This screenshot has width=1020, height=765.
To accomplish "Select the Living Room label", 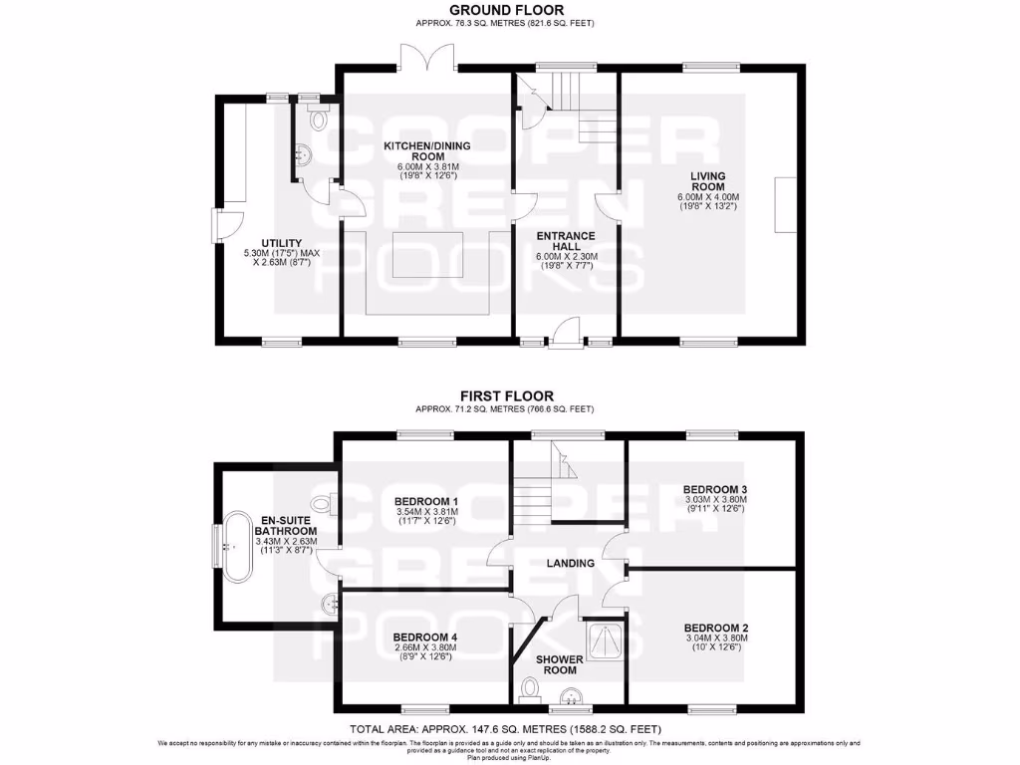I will [708, 180].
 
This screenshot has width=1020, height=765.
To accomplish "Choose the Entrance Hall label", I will [565, 242].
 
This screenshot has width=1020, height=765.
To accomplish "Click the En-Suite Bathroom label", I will [289, 526].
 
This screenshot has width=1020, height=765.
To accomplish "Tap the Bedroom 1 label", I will [426, 500].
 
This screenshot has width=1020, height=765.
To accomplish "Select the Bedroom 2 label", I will [716, 629].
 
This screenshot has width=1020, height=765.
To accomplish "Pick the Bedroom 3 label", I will [715, 489].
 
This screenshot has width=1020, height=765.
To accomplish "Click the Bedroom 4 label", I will [425, 637].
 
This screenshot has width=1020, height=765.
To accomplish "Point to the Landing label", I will [570, 563].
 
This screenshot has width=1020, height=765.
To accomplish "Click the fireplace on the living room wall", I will [785, 204].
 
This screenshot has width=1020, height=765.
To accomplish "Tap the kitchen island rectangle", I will [426, 255].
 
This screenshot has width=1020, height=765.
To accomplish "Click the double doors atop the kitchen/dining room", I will [427, 58].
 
